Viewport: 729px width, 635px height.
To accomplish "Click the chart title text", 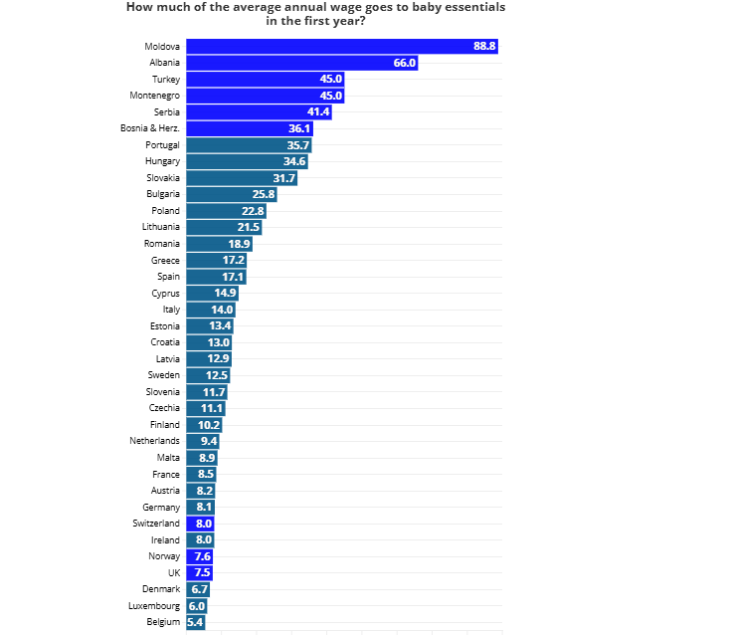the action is coord(315,14).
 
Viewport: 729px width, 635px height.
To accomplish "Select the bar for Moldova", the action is coord(342,46).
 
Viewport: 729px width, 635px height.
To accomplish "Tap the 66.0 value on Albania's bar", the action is coord(405,63).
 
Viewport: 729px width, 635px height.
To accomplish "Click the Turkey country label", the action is coord(166,79).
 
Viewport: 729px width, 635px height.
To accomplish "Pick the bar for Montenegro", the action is coord(266,96).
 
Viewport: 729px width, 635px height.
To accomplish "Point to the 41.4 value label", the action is coord(318,111).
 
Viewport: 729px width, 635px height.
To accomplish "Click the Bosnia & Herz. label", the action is coord(150,128).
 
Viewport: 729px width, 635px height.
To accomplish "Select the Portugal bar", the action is coord(250,145).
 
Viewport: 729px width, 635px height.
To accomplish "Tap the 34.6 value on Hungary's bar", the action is coord(294,161).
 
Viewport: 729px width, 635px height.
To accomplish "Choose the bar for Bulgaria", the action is coord(232,194).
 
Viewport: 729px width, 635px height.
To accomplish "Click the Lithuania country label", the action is coord(161,227).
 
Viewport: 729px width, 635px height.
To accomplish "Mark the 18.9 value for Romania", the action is coord(240,244).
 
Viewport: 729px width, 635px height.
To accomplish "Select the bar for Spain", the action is coord(216,277).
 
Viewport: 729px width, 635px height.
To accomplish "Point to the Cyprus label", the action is coord(165,294).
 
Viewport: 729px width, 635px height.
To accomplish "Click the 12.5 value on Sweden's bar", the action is coord(217,375).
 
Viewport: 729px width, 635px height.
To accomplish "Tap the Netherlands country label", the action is coord(154,441).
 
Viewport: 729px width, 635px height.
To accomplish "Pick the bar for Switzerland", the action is coord(200,524).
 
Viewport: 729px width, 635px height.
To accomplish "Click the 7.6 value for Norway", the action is coord(203,556).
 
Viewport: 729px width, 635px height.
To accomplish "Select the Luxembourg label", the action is coord(154,606).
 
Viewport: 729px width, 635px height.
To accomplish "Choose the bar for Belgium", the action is coord(196,622).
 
